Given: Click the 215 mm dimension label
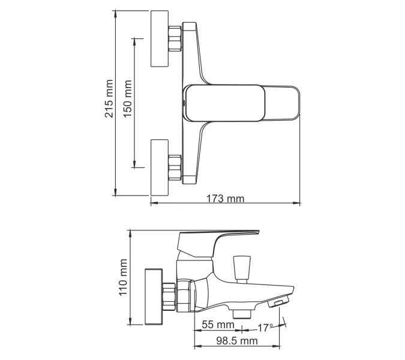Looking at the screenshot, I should coord(109,98).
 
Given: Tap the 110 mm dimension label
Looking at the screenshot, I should coord(124,277).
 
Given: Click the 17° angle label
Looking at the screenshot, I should coord(265,327).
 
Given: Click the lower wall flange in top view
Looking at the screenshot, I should coord(159,167).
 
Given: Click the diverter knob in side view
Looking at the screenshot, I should coord(243,266).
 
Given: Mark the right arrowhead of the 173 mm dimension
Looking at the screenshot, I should coord(298,203).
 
